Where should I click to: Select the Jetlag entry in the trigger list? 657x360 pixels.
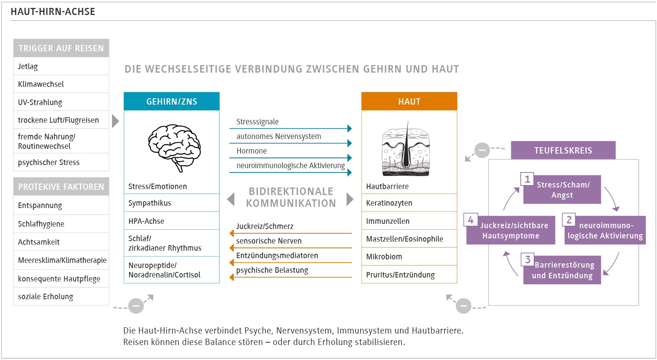[x=61, y=66]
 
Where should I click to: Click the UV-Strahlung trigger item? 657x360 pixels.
[x=61, y=102]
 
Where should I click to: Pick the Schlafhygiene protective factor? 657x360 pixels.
[x=61, y=224]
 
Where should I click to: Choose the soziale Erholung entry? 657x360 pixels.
[x=61, y=296]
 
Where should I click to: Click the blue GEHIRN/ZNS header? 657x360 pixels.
[x=172, y=101]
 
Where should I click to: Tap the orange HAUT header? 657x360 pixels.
[x=409, y=101]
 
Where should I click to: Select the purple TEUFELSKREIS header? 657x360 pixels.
[x=563, y=150]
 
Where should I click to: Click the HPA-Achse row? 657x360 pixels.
[x=172, y=221]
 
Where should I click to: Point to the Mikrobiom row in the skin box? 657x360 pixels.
[x=409, y=257]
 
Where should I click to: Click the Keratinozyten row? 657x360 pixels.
[x=409, y=203]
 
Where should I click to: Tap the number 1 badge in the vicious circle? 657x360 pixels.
[x=527, y=179]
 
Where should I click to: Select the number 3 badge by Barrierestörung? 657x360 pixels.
[x=527, y=259]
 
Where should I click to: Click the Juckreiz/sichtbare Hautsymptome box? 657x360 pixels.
[x=511, y=231]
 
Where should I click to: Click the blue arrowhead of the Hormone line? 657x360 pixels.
[x=349, y=158]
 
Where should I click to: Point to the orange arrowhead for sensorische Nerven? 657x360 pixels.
[x=232, y=248]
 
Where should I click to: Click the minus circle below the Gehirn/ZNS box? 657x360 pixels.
[x=136, y=306]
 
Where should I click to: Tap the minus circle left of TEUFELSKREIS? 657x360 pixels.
[x=482, y=150]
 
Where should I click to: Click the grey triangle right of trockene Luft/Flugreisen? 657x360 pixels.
[x=116, y=121]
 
